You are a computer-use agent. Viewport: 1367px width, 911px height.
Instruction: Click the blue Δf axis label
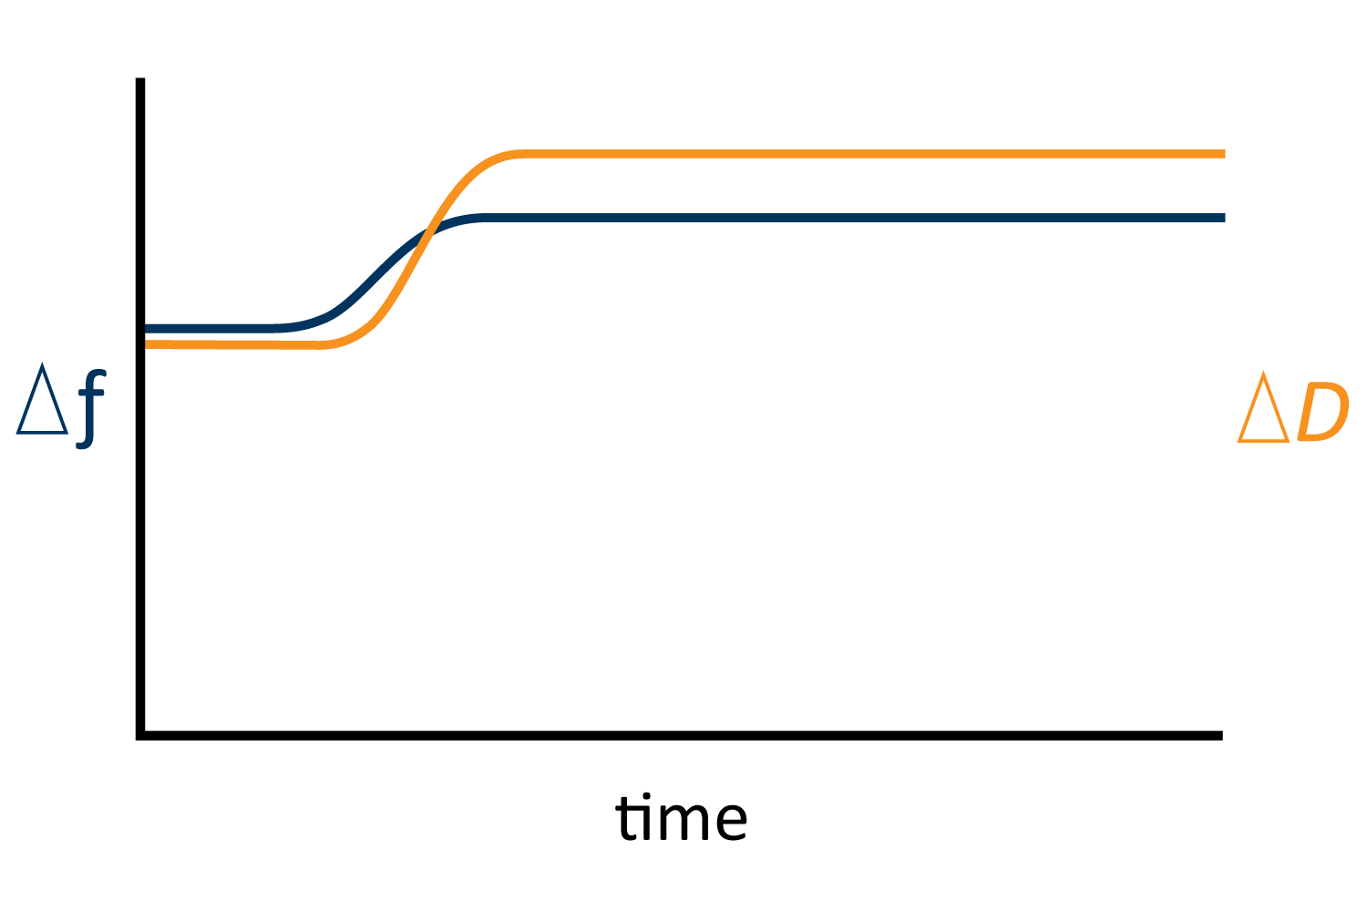tap(61, 405)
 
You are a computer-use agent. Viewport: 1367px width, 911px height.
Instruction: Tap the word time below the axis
tap(681, 817)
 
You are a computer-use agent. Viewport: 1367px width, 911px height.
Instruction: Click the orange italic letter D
tap(1323, 411)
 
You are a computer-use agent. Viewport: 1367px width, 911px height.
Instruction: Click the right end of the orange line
tap(1225, 154)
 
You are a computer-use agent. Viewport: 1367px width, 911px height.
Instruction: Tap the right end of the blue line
tap(1225, 218)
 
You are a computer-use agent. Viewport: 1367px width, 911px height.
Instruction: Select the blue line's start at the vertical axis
tap(146, 329)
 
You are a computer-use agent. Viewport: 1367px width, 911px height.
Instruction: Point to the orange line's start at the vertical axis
tap(146, 344)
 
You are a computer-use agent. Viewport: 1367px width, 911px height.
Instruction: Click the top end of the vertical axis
tap(140, 78)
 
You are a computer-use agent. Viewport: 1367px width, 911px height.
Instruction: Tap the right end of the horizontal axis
tap(1222, 736)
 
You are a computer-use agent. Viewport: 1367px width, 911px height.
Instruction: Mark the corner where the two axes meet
tap(140, 736)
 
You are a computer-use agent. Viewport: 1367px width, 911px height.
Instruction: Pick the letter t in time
tap(625, 818)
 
